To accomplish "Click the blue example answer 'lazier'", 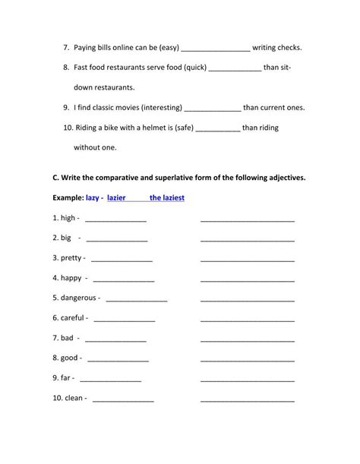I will [x=116, y=197].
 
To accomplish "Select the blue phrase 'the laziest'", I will [x=167, y=197].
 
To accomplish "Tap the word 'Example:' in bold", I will [x=68, y=197].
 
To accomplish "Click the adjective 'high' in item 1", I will [x=68, y=218].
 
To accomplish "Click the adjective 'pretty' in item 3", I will [x=72, y=258].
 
